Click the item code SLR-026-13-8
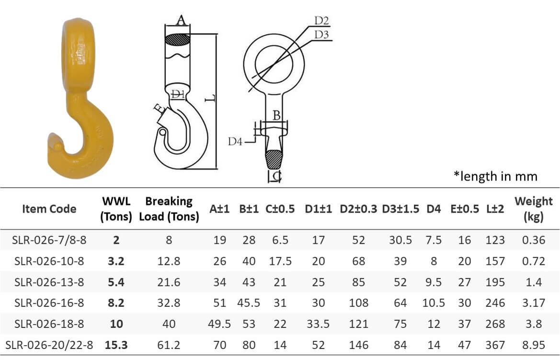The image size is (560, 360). click(x=49, y=282)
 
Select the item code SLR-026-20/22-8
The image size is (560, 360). click(x=49, y=345)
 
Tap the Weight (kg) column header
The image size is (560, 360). click(x=533, y=209)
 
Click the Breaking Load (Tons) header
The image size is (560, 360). click(x=169, y=209)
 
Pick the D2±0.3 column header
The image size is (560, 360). click(x=358, y=209)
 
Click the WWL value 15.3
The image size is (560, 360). click(x=116, y=345)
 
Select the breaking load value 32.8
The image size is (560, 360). click(x=169, y=303)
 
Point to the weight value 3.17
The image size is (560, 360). click(x=533, y=303)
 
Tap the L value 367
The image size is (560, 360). click(x=495, y=345)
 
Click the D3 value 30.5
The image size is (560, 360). click(x=400, y=240)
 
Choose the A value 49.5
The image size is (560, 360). click(x=220, y=324)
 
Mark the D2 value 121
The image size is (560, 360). click(x=358, y=324)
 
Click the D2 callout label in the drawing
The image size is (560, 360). click(x=321, y=21)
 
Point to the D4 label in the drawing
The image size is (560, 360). click(x=235, y=142)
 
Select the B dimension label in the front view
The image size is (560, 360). click(x=276, y=115)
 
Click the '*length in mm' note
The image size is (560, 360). click(x=495, y=176)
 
